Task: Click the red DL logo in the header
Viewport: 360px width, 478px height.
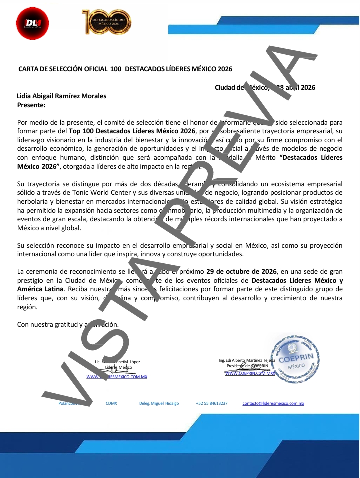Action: [29, 22]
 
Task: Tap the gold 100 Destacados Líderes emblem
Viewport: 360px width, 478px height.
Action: [106, 22]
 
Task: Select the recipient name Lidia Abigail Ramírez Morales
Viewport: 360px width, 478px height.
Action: [61, 96]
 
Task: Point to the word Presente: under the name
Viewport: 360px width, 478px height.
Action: [31, 105]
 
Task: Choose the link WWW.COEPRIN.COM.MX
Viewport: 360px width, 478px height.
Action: [250, 373]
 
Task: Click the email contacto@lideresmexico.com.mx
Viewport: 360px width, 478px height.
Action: [273, 403]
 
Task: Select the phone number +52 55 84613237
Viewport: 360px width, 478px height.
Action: [212, 403]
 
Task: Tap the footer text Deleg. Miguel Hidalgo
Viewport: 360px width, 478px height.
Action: [159, 403]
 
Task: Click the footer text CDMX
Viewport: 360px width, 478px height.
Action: [111, 403]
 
